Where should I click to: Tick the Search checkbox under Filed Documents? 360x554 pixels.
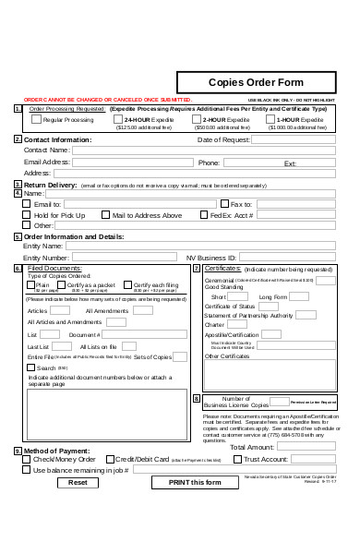(x=31, y=367)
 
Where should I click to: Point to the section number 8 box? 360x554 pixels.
(x=197, y=399)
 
